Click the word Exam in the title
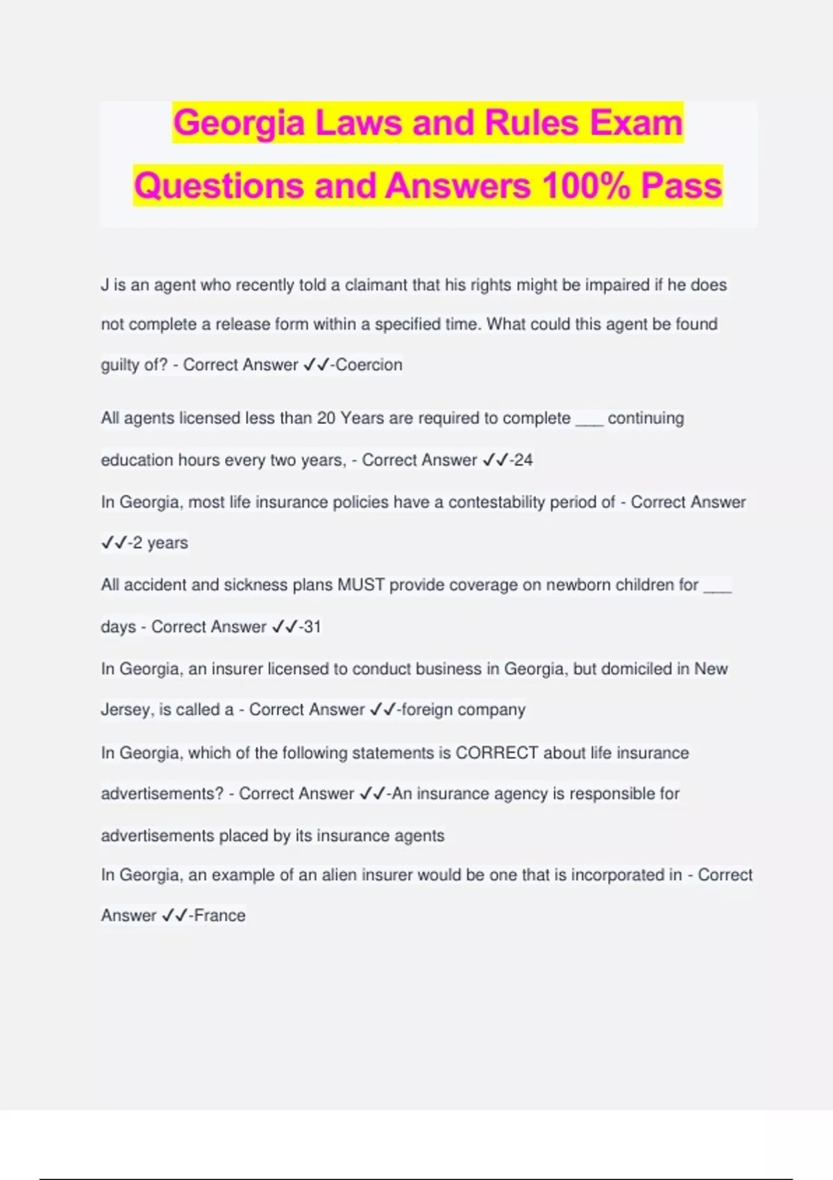coord(637,123)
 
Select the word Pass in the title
coord(681,186)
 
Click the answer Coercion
coord(369,365)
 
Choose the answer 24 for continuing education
coord(523,460)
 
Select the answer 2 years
coord(160,543)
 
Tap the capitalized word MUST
coord(361,585)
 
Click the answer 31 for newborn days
coord(312,627)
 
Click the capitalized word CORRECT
coord(497,753)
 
